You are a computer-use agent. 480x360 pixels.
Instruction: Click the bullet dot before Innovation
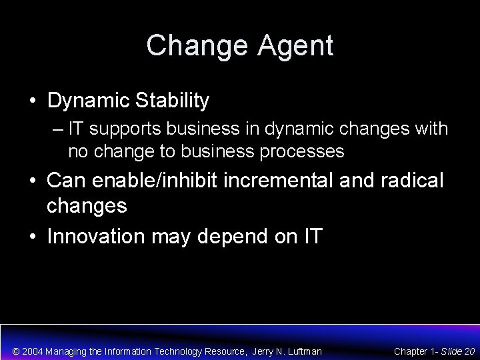coord(32,236)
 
